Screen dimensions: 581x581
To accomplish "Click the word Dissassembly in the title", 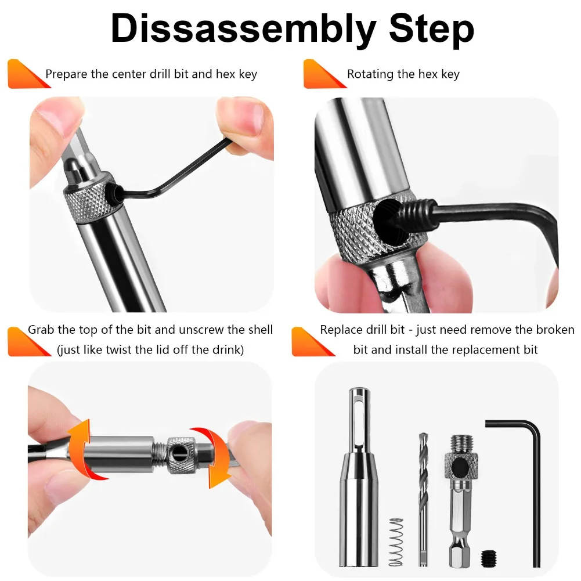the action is coord(243,30).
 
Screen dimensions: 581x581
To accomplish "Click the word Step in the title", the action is coord(432,30).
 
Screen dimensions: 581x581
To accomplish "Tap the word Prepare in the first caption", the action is coord(66,74).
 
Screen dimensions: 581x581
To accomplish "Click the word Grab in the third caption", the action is coord(41,330).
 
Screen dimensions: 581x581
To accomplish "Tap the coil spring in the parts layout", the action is coord(396,542).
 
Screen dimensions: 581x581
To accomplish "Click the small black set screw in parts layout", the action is coord(489,558).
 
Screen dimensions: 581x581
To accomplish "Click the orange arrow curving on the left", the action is coord(82,449).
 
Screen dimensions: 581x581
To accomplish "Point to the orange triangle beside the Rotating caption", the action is coord(322,75).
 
